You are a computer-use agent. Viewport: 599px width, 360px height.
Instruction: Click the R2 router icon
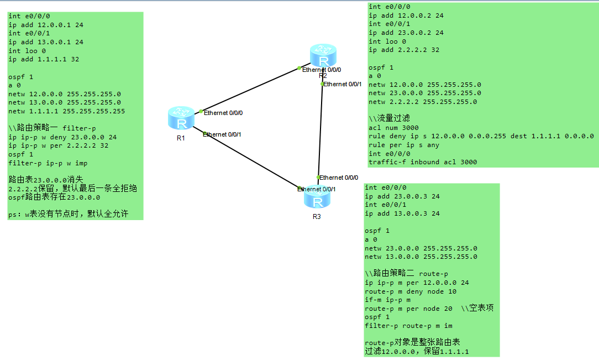pos(323,56)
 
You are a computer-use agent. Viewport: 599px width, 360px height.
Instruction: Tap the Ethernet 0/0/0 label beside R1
pos(223,113)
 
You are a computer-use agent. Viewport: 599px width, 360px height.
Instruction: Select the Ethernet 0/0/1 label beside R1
pos(222,134)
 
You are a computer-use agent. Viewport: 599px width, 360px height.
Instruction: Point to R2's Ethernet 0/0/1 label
pos(343,84)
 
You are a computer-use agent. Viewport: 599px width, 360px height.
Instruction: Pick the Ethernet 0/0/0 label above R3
pos(339,178)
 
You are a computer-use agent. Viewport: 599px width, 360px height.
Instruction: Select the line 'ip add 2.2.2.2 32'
pos(404,50)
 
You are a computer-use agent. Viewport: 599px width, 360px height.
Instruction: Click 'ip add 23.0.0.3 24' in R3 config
pos(402,196)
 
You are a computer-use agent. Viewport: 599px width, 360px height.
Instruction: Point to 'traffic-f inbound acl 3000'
pos(423,162)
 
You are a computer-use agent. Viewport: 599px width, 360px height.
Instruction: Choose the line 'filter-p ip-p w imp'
pos(48,163)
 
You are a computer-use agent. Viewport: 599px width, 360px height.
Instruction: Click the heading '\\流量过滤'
pos(389,118)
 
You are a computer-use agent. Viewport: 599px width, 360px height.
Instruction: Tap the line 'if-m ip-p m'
pos(387,300)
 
